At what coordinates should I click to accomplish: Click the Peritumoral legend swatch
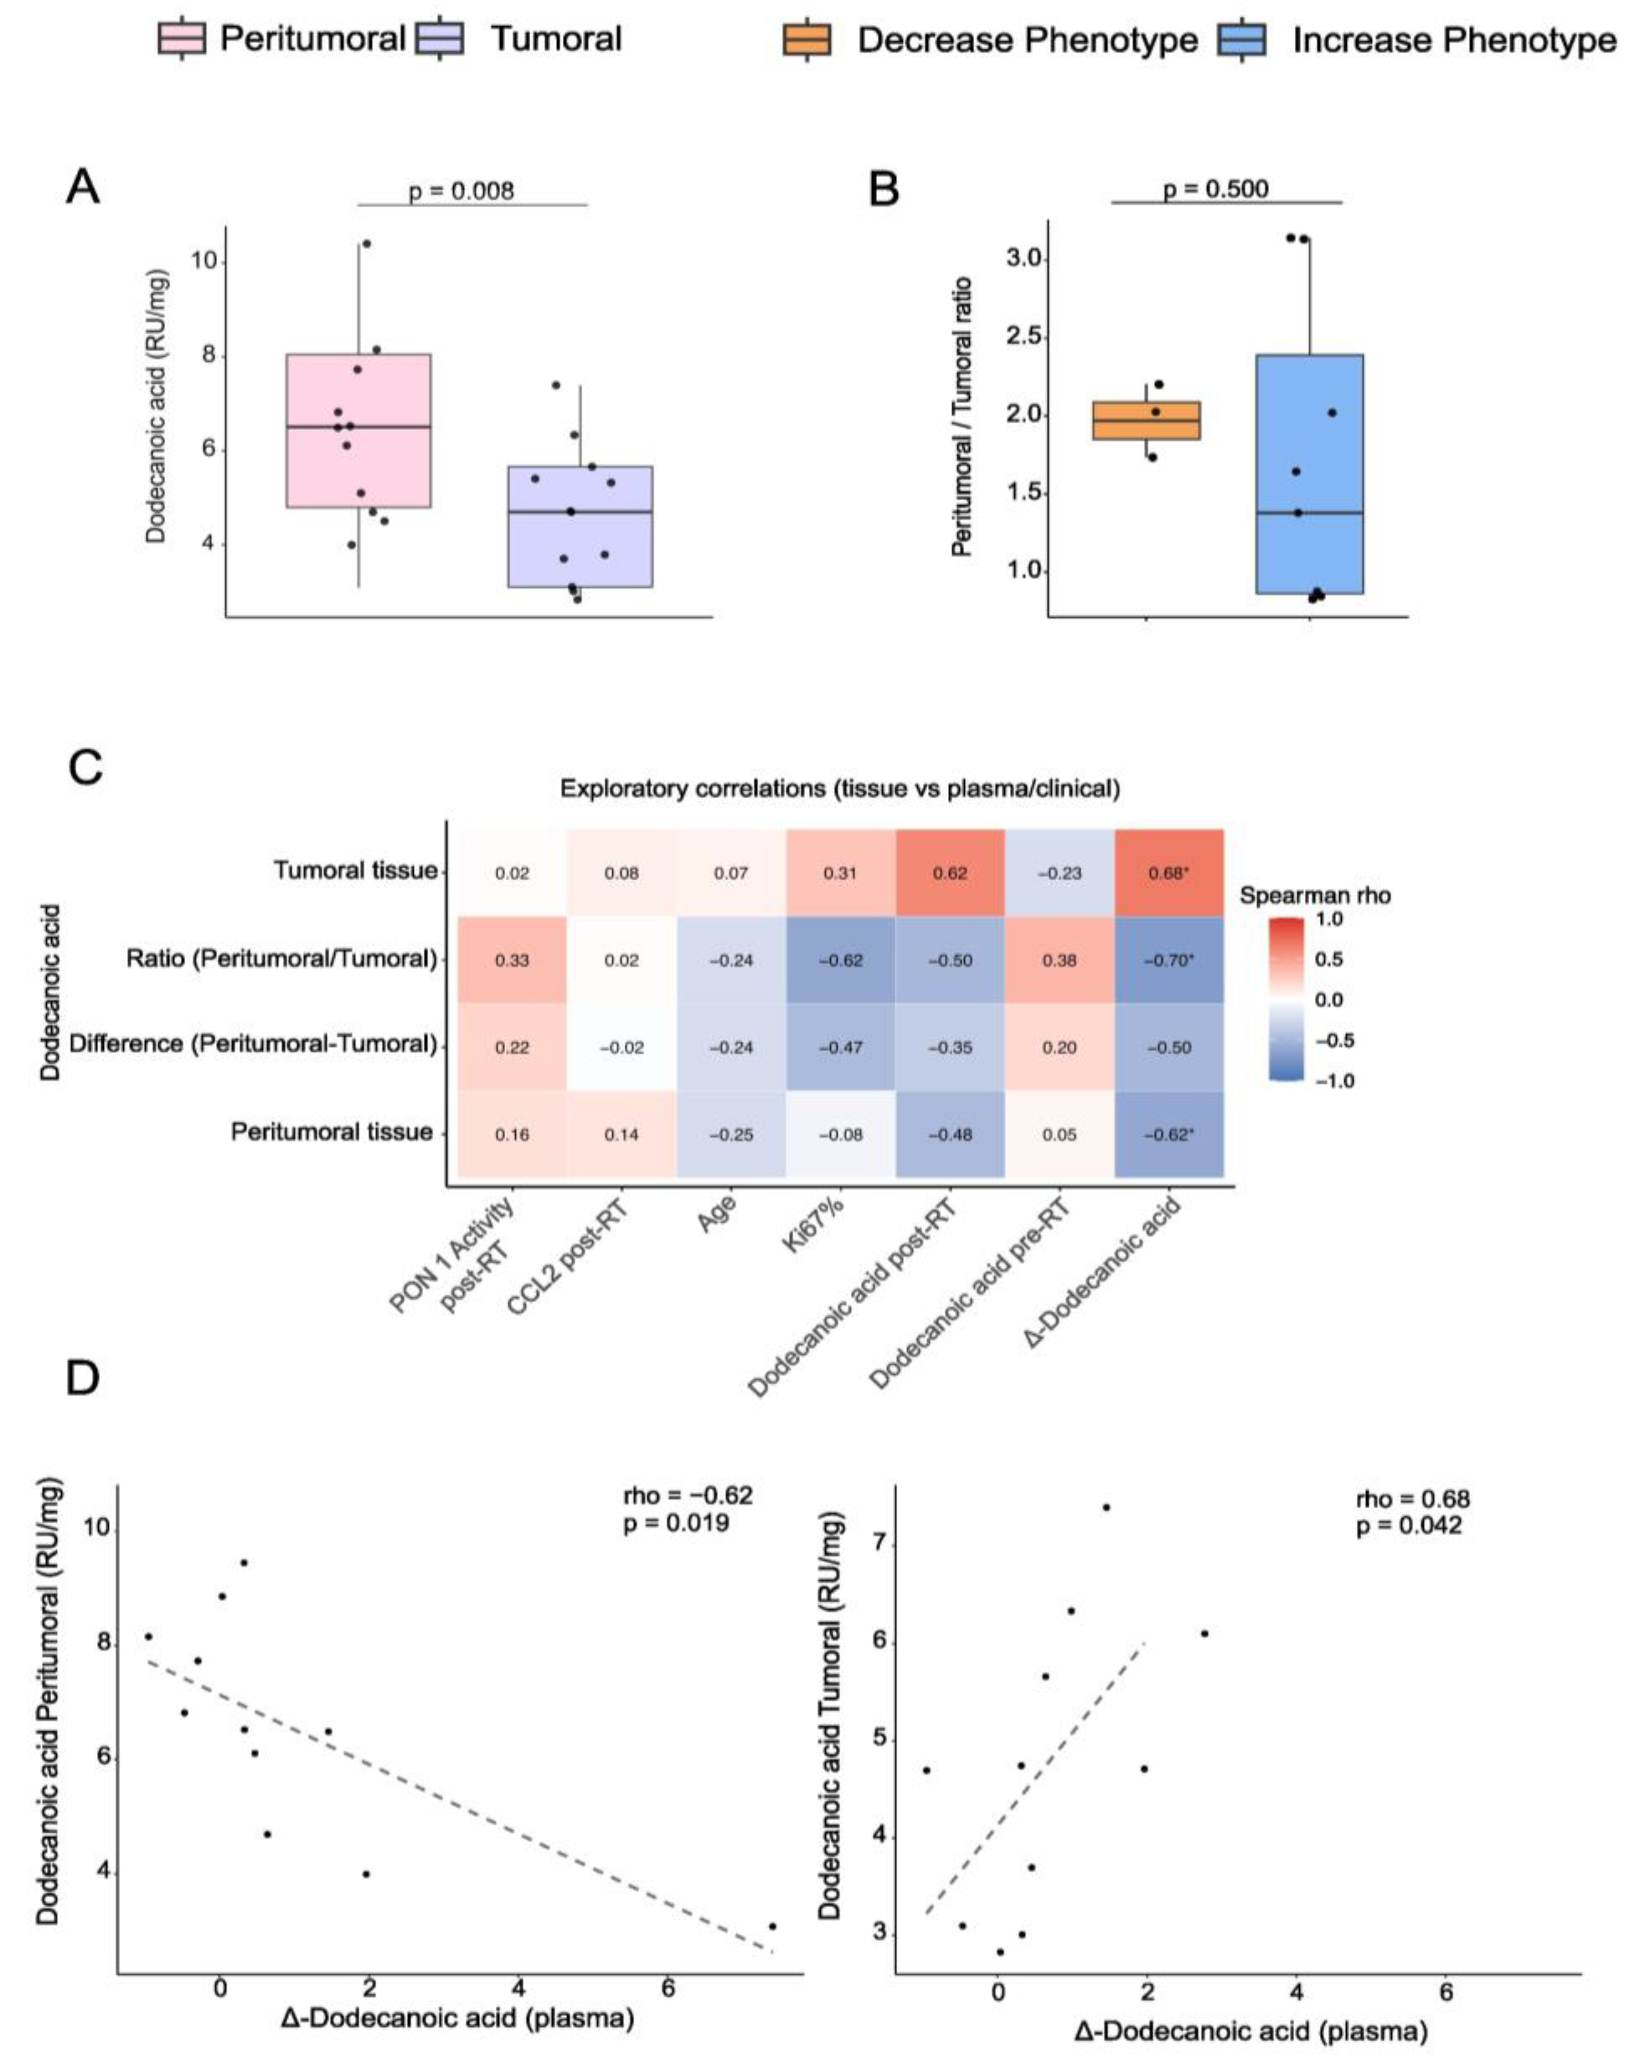pos(182,39)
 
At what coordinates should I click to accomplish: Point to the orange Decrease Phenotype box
pos(1145,420)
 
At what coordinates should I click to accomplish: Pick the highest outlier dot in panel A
pos(366,244)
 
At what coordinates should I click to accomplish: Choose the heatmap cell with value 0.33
pos(512,960)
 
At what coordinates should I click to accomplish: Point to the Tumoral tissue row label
pos(355,871)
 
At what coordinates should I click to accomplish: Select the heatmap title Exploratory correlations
pos(839,789)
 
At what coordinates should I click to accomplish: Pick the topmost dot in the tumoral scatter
pos(1106,1507)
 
